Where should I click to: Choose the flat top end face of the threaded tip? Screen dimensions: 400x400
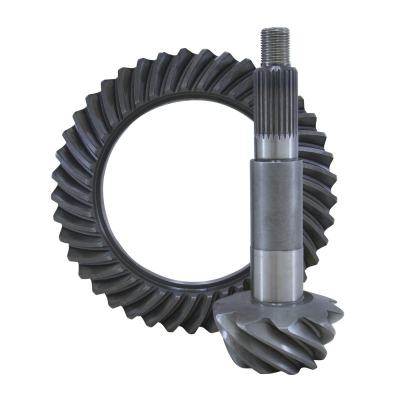click(275, 29)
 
